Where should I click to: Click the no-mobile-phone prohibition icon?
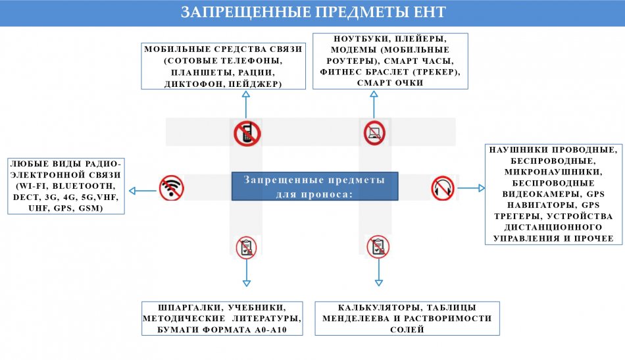[x=247, y=133]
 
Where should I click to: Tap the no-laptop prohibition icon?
[x=374, y=133]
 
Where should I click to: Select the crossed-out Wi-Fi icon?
[x=172, y=188]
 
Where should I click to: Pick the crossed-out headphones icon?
[x=443, y=188]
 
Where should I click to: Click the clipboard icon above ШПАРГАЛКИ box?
[x=246, y=247]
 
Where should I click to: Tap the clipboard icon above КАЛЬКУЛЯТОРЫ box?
[x=378, y=247]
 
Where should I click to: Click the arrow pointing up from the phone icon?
[x=246, y=105]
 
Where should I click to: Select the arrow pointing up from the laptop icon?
[x=374, y=105]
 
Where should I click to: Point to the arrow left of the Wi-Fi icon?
[x=142, y=191]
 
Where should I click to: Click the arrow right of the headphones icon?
[x=471, y=188]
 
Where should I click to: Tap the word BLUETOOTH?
[x=84, y=186]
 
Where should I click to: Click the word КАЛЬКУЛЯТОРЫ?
[x=380, y=308]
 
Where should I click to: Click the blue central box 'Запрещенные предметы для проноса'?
[x=315, y=186]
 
